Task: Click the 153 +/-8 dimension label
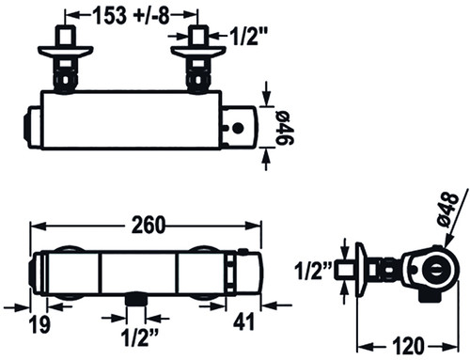point(132,15)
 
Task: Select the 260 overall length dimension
point(148,225)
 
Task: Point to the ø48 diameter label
point(448,208)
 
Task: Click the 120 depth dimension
point(409,346)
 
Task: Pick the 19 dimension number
point(39,324)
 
